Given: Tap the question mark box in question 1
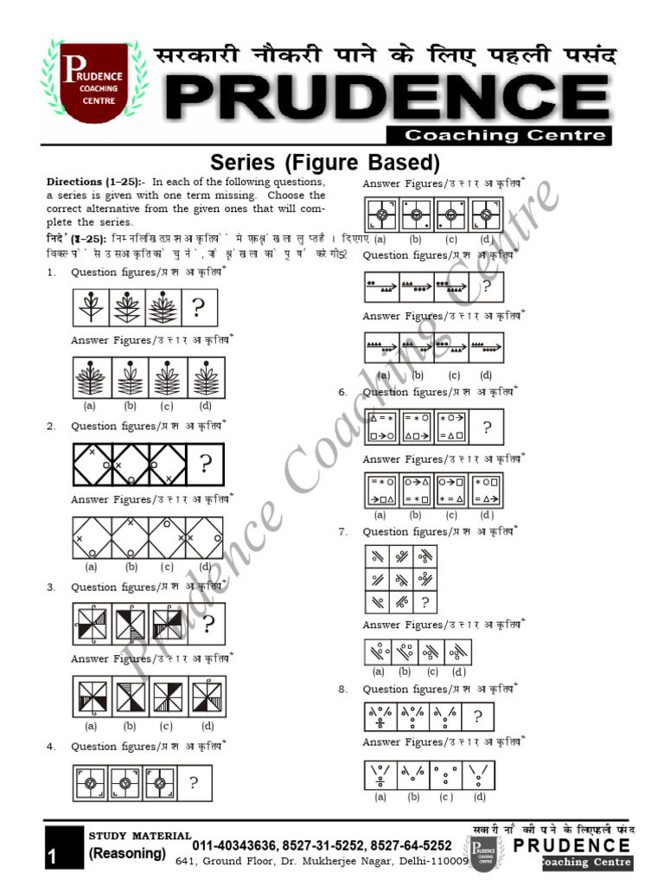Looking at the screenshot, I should point(198,309).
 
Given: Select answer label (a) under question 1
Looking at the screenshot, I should point(89,406).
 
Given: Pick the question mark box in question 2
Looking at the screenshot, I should point(205,465).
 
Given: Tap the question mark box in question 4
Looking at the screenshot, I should point(194,783).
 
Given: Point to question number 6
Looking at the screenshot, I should point(342,392).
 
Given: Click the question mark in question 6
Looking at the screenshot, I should point(488,427).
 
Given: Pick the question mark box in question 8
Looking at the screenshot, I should point(478,716).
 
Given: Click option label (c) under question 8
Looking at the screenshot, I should point(445,797).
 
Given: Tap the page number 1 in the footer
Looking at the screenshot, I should point(52,857).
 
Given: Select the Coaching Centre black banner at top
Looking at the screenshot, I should point(508,135).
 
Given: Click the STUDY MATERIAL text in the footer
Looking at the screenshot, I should point(140,835).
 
